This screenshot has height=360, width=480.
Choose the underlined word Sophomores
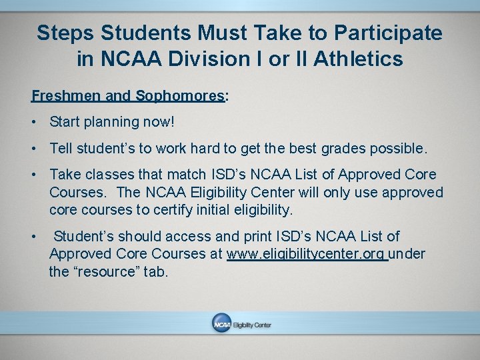[x=179, y=95]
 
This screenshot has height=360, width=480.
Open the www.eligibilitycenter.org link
[x=306, y=254]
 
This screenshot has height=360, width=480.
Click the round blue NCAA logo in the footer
[x=221, y=323]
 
